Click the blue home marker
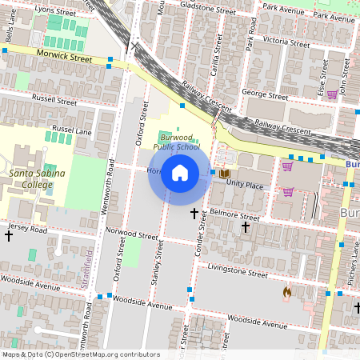[x=180, y=173]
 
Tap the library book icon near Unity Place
[x=225, y=174]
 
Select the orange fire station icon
[x=286, y=294]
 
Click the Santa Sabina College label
[x=31, y=178]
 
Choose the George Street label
[x=266, y=95]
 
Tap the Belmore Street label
[x=234, y=217]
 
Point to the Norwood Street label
[x=132, y=235]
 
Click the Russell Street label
[x=54, y=102]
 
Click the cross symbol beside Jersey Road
[x=9, y=236]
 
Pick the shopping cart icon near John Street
[x=331, y=94]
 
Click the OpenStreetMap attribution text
[x=81, y=354]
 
